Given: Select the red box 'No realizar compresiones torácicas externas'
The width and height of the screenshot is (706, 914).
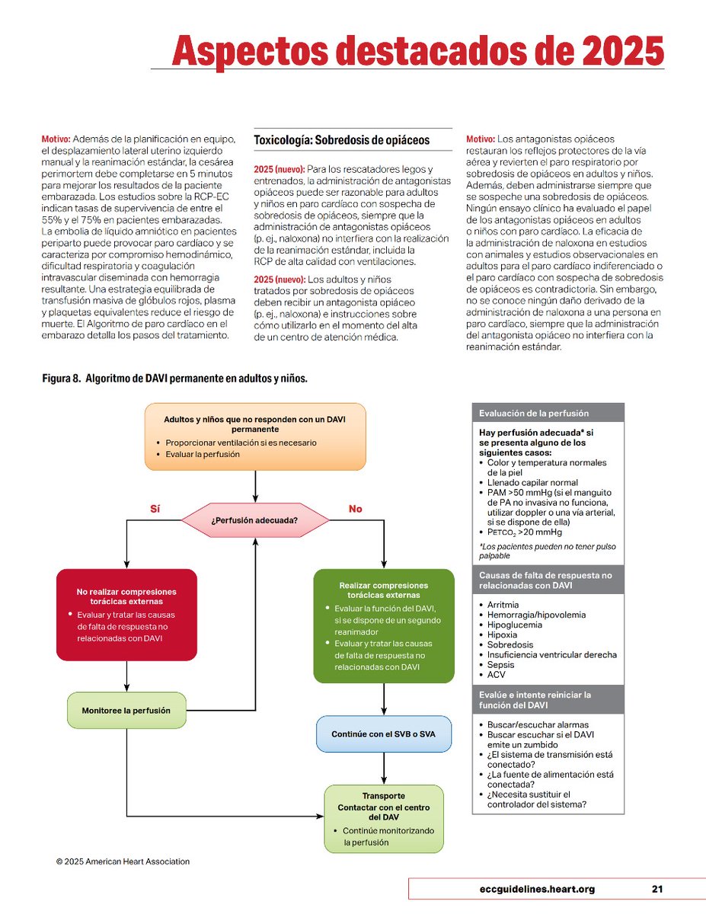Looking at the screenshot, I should [x=126, y=614].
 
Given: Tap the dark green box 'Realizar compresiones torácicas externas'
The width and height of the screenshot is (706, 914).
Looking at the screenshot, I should [x=383, y=625].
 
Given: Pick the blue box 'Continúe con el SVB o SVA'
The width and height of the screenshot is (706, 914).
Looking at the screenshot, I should [x=383, y=734].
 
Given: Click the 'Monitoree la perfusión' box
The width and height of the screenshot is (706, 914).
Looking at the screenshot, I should [x=126, y=711].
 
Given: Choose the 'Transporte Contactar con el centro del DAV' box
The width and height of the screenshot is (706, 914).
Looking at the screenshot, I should [x=383, y=819].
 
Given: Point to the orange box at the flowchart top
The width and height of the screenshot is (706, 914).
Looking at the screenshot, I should [x=254, y=436].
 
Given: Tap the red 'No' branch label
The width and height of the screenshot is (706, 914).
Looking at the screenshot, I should [x=355, y=509].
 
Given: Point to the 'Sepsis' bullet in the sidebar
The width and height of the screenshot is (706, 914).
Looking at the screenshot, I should [x=502, y=664].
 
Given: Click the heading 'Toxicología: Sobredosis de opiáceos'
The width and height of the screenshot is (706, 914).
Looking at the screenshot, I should [x=341, y=140].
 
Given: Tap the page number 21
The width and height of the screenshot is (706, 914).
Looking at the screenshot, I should [x=657, y=889].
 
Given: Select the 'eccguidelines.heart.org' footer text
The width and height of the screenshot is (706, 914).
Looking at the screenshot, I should [x=533, y=889].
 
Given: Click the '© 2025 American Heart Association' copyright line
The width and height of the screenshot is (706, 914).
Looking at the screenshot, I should [x=123, y=861].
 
